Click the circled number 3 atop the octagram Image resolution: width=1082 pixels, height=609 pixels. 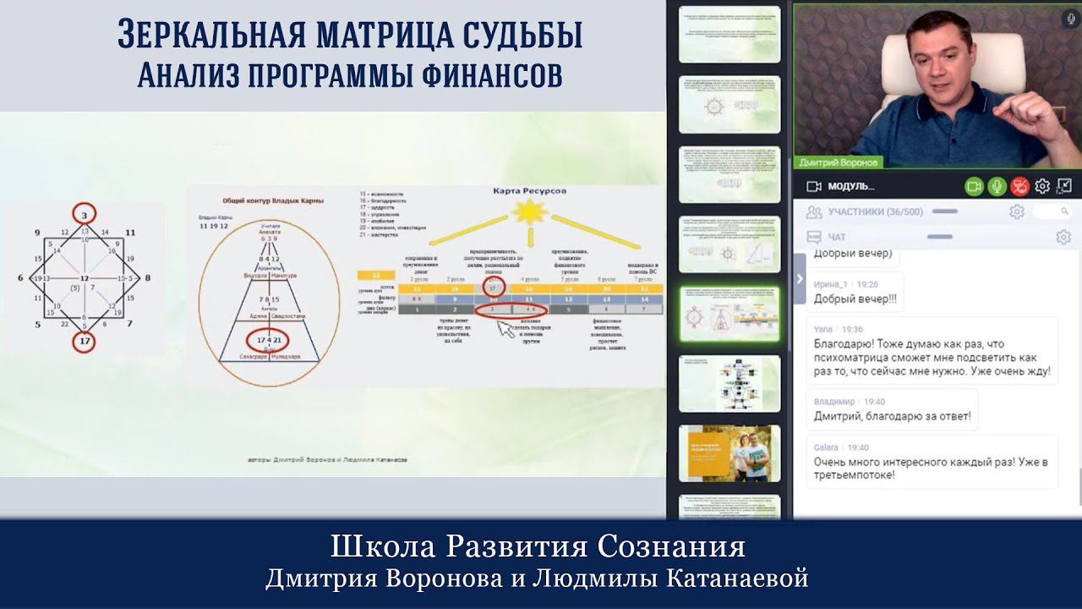(x=84, y=216)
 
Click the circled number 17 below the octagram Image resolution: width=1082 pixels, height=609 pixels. (x=84, y=343)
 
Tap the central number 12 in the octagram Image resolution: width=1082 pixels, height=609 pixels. (x=84, y=278)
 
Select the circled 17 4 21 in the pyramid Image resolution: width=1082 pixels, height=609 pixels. (x=269, y=340)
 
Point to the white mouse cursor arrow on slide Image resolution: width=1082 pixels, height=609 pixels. (x=506, y=329)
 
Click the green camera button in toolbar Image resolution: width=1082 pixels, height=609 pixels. (x=975, y=186)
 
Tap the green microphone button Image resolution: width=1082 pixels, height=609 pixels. (x=997, y=186)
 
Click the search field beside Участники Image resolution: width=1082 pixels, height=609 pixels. (x=1052, y=211)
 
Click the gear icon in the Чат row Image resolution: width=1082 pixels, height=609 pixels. (x=1063, y=238)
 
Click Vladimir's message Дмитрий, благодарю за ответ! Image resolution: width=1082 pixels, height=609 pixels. (x=892, y=416)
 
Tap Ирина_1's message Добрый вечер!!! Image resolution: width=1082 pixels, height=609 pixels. (x=855, y=299)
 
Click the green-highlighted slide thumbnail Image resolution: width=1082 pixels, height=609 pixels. (x=730, y=313)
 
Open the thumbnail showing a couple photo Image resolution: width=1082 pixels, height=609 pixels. (x=730, y=453)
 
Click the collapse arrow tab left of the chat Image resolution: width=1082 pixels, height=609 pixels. (x=800, y=278)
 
